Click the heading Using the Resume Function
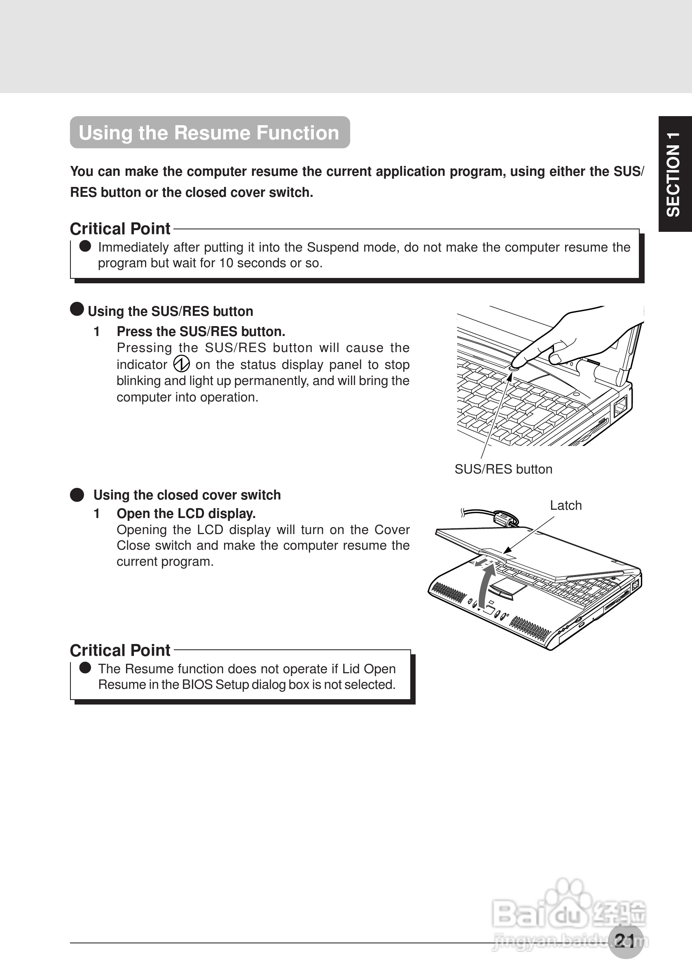tap(209, 133)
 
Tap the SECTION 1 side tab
tap(675, 174)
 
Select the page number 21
tap(625, 940)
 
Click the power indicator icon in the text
tap(181, 364)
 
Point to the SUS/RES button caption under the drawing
tap(503, 469)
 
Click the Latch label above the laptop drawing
tap(566, 505)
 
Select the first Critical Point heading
tap(120, 229)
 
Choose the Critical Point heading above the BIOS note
tap(120, 650)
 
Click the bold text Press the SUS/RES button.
tap(201, 331)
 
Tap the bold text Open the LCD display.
tap(186, 513)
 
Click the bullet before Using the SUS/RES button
tap(77, 309)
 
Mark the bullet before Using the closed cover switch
tap(77, 495)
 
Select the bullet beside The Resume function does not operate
tap(85, 667)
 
